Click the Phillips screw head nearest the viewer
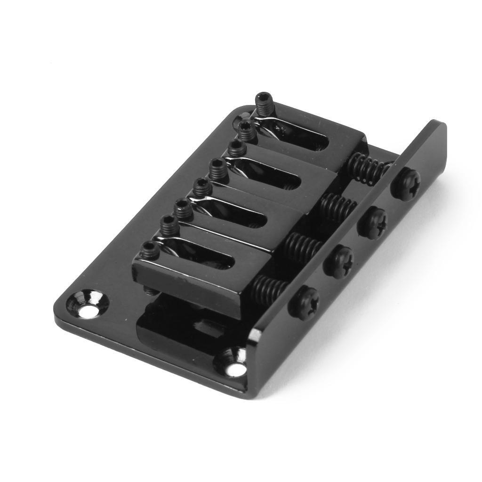click(304, 301)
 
